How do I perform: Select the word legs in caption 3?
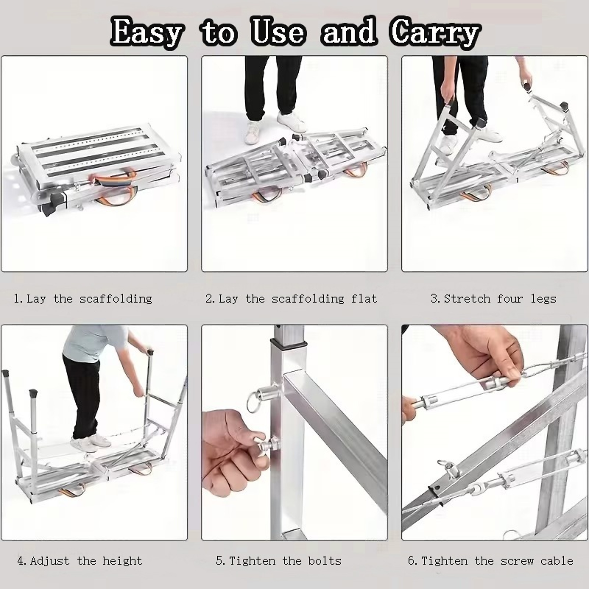[x=544, y=299]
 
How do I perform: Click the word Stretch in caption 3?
[x=467, y=299]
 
